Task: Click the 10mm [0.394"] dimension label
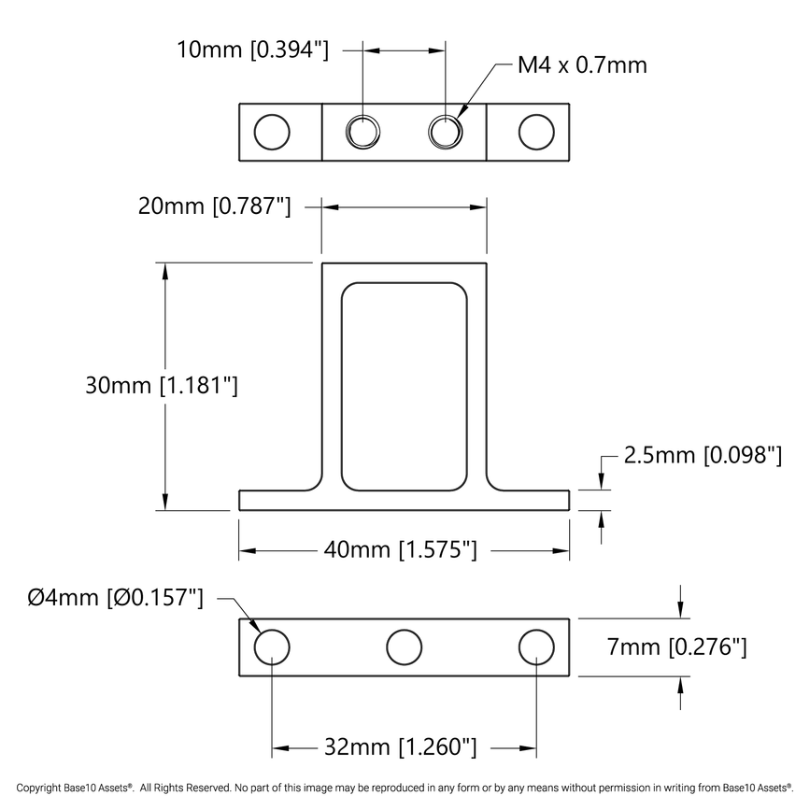point(252,50)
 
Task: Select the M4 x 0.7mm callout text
point(581,65)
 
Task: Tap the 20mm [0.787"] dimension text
point(214,206)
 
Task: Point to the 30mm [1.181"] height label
point(162,385)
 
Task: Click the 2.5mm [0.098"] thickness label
point(703,455)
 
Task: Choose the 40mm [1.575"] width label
point(401,550)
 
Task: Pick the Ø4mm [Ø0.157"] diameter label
point(116,597)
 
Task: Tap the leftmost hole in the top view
point(272,132)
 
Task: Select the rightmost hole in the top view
point(535,132)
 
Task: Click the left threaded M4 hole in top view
point(362,132)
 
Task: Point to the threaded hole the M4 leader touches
point(446,132)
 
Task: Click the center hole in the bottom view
point(404,647)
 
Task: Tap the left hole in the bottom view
point(272,647)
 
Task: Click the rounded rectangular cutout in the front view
point(404,386)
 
